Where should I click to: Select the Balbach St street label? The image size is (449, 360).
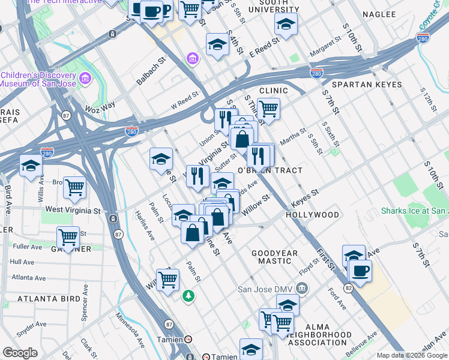tap(150, 71)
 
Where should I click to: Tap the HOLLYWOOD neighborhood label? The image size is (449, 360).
tap(312, 214)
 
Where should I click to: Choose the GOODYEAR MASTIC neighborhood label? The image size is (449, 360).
tap(274, 257)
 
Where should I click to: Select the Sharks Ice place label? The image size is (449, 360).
tap(414, 211)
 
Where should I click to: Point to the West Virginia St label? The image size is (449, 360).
tap(73, 211)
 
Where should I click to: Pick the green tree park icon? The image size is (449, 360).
tap(188, 295)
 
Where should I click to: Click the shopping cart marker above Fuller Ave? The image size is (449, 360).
tap(68, 238)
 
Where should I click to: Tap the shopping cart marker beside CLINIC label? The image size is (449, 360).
tap(268, 109)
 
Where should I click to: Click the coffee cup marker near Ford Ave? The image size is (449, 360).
tap(360, 271)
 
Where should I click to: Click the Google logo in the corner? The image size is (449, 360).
tap(20, 353)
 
